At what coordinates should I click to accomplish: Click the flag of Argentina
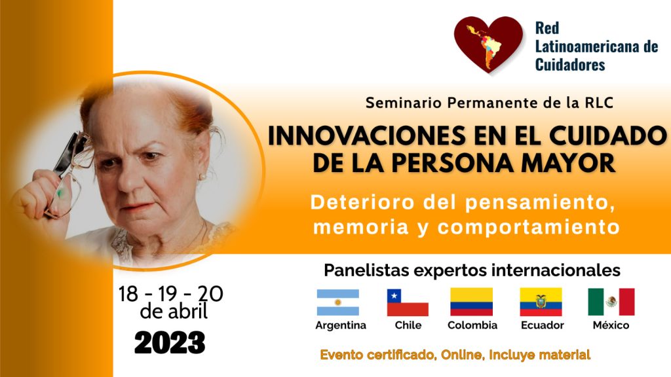[x=337, y=302]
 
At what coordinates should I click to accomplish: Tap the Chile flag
[x=408, y=302]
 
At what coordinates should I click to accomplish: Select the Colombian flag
[x=471, y=302]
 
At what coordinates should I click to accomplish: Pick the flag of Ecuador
[x=541, y=302]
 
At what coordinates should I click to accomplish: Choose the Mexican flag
[x=611, y=302]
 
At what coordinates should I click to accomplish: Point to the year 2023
[x=170, y=342]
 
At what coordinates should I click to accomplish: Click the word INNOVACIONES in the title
[x=366, y=136]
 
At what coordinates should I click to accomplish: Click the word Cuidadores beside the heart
[x=570, y=65]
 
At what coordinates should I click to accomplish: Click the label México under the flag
[x=611, y=325]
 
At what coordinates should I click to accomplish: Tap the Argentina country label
[x=341, y=326]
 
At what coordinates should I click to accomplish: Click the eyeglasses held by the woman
[x=71, y=173]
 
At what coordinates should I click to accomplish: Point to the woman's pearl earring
[x=201, y=177]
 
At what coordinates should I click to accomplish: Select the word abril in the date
[x=187, y=311]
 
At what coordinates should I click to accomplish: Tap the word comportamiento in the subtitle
[x=529, y=227]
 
